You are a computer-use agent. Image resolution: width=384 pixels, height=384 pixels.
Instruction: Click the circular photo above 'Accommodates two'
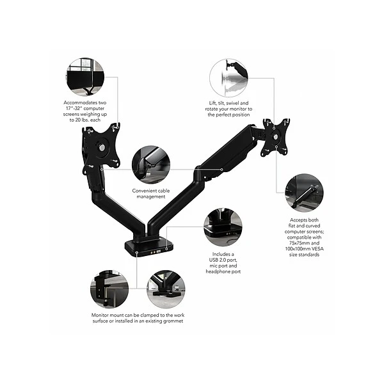pyautogui.click(x=86, y=77)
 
